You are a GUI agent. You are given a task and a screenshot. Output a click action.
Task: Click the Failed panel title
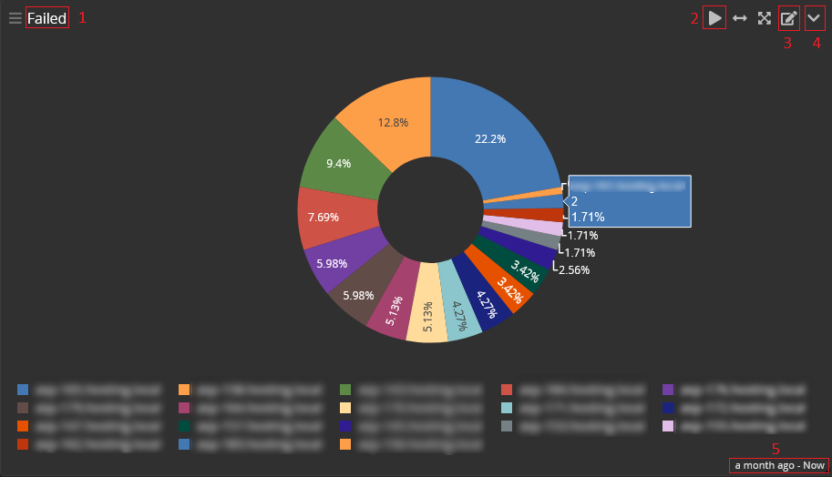tap(46, 18)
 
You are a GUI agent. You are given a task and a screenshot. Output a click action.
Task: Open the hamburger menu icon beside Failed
tap(15, 18)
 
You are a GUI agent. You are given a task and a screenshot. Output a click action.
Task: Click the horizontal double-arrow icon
tap(740, 18)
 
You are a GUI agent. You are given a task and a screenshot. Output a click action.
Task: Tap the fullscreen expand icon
tap(765, 18)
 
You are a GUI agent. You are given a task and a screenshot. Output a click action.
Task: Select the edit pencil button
tap(789, 18)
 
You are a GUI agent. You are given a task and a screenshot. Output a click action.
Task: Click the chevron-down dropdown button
tap(815, 18)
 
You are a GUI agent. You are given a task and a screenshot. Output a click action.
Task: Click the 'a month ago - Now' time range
tap(779, 465)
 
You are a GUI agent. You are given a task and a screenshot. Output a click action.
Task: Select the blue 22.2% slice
tap(492, 137)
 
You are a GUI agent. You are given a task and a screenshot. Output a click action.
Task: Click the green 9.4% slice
tap(338, 163)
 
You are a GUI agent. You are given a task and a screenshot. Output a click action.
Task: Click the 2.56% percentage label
tap(574, 270)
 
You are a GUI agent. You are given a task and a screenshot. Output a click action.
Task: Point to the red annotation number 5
tap(776, 448)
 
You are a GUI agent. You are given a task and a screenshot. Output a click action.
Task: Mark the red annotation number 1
tap(82, 17)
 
